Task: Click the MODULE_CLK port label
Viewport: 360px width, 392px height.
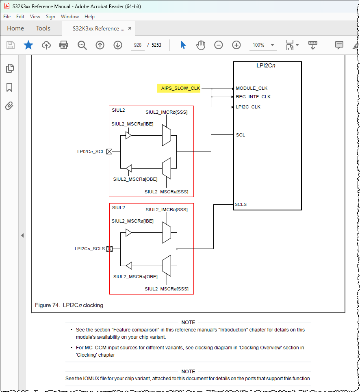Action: (x=252, y=88)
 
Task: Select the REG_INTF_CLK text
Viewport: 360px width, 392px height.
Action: (x=253, y=97)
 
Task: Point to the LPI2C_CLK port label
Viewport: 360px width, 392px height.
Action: (x=248, y=107)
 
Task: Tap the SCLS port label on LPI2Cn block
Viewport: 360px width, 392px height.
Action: (x=241, y=204)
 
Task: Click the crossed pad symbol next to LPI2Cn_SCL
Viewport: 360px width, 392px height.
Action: (x=109, y=152)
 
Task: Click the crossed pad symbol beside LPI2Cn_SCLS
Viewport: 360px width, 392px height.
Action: (x=109, y=249)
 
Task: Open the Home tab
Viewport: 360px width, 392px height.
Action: (x=15, y=28)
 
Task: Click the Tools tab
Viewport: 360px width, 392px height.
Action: (x=43, y=28)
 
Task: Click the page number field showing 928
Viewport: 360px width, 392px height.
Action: (x=137, y=45)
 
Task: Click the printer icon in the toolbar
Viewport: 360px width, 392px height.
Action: (x=64, y=45)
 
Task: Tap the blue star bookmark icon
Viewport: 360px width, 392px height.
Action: (x=28, y=45)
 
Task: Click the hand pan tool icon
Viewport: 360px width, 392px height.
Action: (x=201, y=45)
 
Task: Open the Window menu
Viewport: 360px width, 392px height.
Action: (x=69, y=17)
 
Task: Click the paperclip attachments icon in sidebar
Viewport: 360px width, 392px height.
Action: (x=9, y=106)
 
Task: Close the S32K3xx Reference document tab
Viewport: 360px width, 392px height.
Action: (x=130, y=28)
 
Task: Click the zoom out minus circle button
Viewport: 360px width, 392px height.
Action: (x=219, y=45)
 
